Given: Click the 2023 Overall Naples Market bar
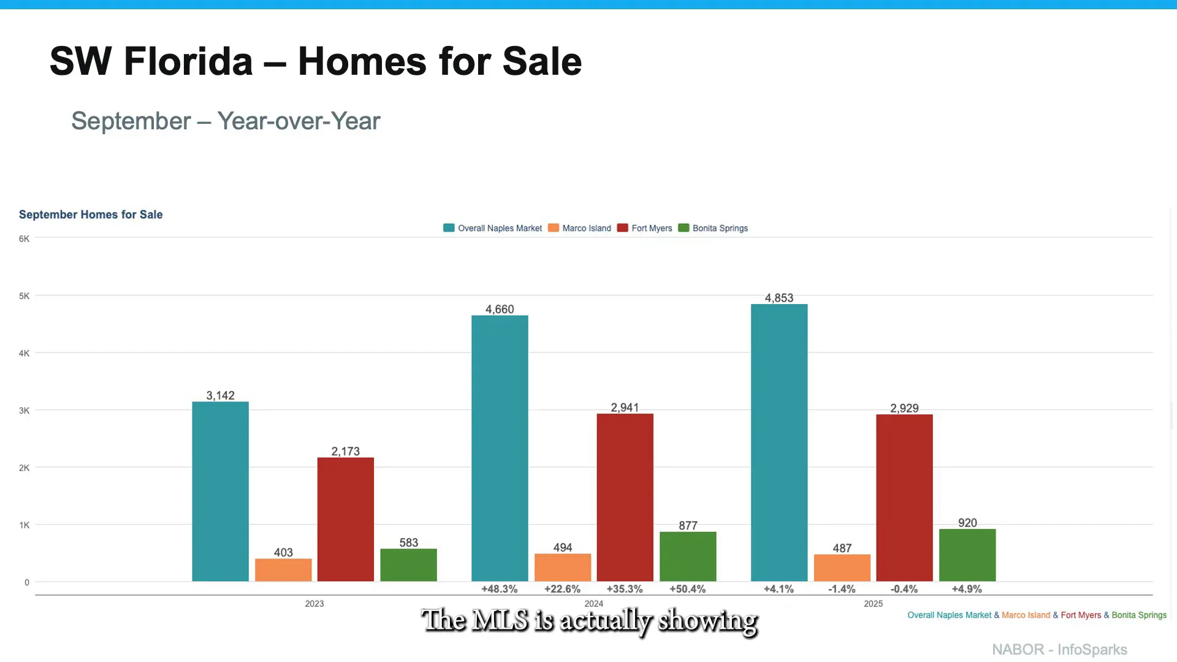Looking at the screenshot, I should [220, 491].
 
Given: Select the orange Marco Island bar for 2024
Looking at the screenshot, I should [562, 568].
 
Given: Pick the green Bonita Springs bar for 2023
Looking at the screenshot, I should [408, 565].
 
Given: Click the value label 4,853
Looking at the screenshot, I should [779, 298].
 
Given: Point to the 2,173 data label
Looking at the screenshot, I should [345, 451].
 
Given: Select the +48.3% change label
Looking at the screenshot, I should [499, 589].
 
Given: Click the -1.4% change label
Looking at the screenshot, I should [841, 589].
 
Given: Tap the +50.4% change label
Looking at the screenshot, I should [687, 589].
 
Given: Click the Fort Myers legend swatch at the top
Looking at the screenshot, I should [622, 228].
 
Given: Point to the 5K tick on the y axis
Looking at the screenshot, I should [24, 296].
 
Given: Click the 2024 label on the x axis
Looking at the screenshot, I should [593, 604].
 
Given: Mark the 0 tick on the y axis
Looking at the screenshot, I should [26, 582].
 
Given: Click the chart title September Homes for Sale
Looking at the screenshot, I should [91, 215].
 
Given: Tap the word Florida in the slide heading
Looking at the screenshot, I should [188, 61].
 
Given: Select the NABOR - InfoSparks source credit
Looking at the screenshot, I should [1059, 649].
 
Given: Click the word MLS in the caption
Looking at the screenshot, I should [500, 620].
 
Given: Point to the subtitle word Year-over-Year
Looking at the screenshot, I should [299, 121].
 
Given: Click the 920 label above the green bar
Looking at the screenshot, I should [967, 523].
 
